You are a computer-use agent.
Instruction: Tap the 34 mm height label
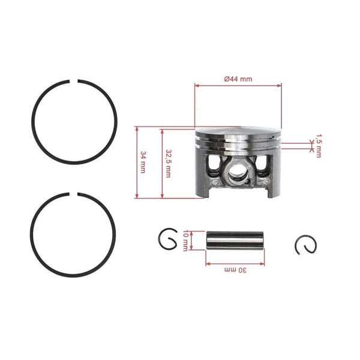coord(143,162)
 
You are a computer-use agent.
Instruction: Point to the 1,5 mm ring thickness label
coord(319,145)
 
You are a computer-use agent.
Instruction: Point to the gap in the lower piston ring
coord(76,194)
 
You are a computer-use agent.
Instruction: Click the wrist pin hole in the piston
coord(237,175)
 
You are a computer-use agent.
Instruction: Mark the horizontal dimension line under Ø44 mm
coord(238,86)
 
